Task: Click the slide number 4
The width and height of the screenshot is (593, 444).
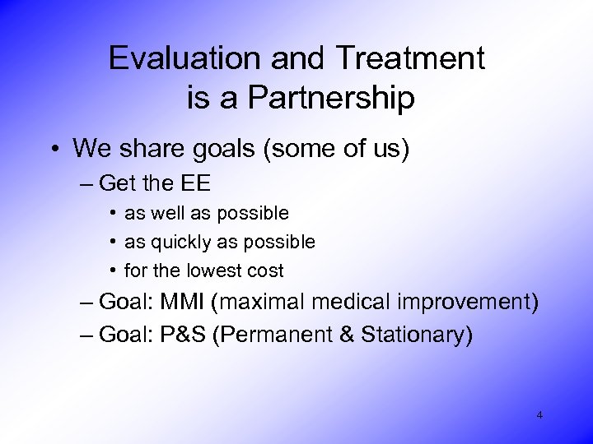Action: (539, 415)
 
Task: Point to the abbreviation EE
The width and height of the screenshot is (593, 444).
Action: (195, 182)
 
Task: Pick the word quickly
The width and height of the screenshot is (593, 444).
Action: (174, 243)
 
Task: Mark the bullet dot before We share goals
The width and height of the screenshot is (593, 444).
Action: (54, 149)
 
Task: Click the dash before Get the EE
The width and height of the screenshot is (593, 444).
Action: (87, 183)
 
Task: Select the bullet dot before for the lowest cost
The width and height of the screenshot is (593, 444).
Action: (111, 271)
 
